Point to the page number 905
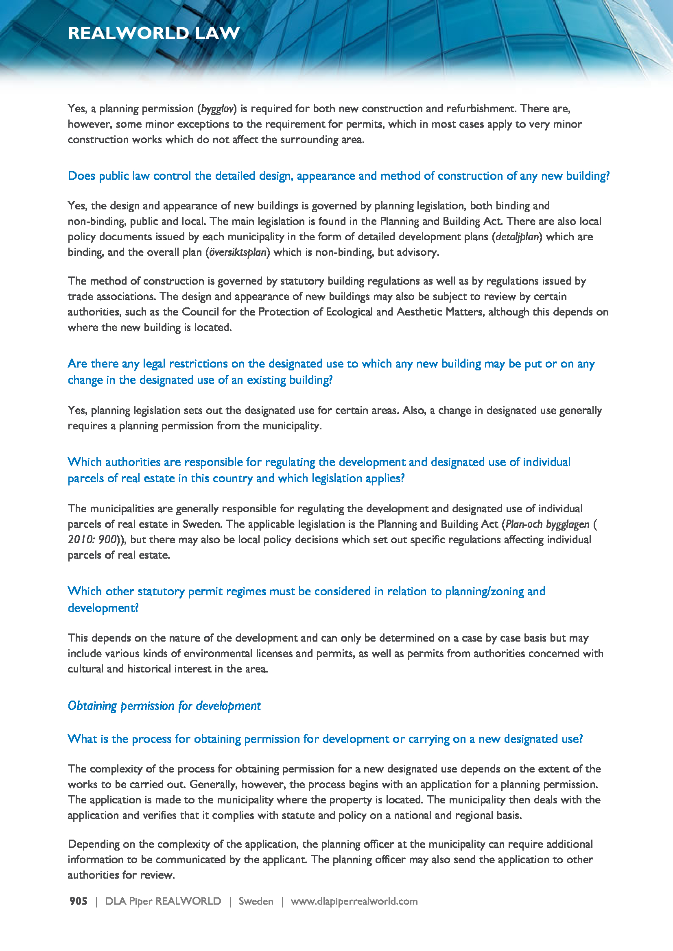(x=78, y=901)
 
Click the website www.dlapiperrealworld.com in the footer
(x=354, y=901)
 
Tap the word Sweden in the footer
(x=256, y=901)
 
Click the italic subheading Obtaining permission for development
(x=164, y=706)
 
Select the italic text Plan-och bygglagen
(x=547, y=524)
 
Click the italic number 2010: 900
(x=92, y=540)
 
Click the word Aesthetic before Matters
(x=419, y=312)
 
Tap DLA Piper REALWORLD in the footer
(x=163, y=901)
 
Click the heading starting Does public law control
(x=339, y=176)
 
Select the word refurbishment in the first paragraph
(x=481, y=109)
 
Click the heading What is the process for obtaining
(x=325, y=739)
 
